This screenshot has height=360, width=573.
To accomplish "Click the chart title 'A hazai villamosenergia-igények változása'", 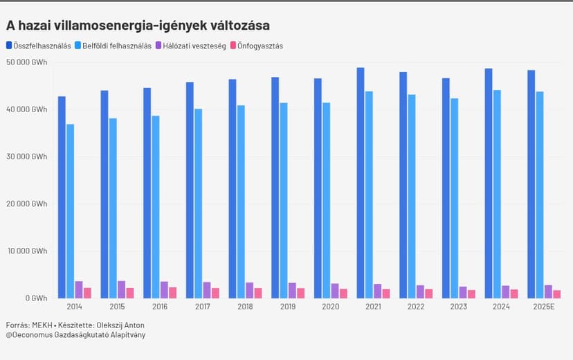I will coord(138,26).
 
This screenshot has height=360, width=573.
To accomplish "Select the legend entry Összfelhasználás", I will coord(42,46).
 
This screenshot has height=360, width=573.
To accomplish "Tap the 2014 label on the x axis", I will coord(75,306).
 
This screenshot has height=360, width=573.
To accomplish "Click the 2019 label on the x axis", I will coord(289,306).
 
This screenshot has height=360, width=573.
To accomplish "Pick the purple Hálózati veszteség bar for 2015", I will coord(121,289).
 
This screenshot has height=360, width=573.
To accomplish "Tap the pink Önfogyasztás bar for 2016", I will coord(172,293).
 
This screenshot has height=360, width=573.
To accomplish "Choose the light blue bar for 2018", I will coord(241,201).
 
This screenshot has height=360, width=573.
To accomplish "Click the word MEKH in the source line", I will coord(42,325).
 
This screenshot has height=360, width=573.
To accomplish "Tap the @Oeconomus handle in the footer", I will coord(28,335).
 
